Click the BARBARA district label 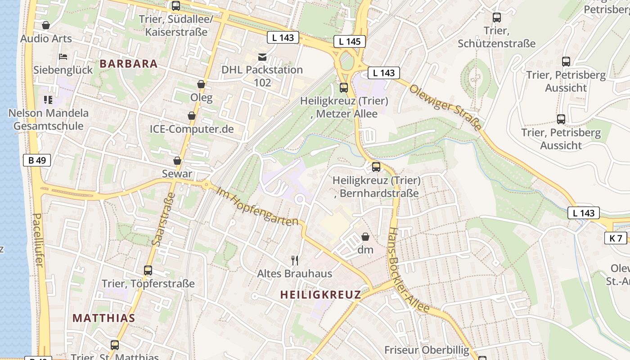129,63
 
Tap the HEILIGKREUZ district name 320,295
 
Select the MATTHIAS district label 104,318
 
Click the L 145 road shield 350,42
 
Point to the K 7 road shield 616,238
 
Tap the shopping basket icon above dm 365,237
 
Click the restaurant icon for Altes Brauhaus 295,260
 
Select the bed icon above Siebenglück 63,57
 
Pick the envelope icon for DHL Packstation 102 262,57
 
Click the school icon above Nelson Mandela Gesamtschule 48,100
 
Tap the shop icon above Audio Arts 45,25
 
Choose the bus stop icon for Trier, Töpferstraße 148,270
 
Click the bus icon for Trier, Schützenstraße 497,18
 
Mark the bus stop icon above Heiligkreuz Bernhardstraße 376,167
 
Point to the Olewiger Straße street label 445,107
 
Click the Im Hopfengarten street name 257,207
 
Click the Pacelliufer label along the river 38,240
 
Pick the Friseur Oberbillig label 427,350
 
